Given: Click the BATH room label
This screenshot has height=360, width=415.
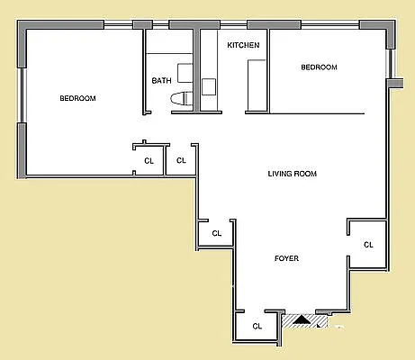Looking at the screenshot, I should pyautogui.click(x=161, y=81).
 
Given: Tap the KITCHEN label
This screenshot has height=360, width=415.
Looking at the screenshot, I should pyautogui.click(x=243, y=45).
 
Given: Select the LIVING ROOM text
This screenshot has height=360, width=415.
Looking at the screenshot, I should pyautogui.click(x=293, y=174).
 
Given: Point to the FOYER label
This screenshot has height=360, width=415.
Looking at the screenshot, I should pyautogui.click(x=286, y=259).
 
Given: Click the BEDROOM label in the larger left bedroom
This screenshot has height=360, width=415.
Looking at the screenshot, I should pyautogui.click(x=77, y=98).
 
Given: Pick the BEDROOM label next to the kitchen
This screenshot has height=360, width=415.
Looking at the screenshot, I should pyautogui.click(x=319, y=67).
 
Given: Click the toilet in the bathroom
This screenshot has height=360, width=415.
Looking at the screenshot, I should pyautogui.click(x=181, y=100).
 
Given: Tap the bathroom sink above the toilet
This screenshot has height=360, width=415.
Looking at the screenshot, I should pyautogui.click(x=185, y=73).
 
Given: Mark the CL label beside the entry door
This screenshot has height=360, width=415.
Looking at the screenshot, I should pyautogui.click(x=257, y=326).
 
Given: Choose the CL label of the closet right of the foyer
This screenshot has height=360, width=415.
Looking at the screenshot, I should pyautogui.click(x=368, y=244).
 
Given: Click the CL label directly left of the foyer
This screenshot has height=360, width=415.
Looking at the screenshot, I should pyautogui.click(x=216, y=233).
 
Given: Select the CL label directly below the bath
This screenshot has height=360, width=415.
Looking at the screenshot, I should pyautogui.click(x=181, y=161).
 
